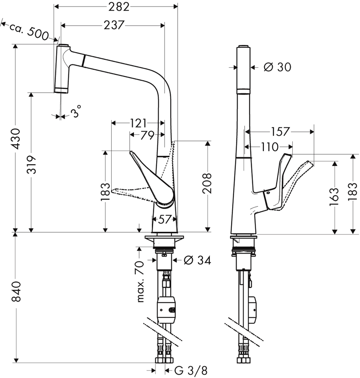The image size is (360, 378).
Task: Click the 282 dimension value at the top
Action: click(x=119, y=7)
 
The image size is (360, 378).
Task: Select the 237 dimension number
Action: click(x=114, y=25)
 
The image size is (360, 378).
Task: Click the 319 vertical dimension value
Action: click(x=31, y=165)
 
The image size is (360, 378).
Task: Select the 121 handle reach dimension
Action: click(x=138, y=123)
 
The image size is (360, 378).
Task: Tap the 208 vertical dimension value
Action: click(x=207, y=183)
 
